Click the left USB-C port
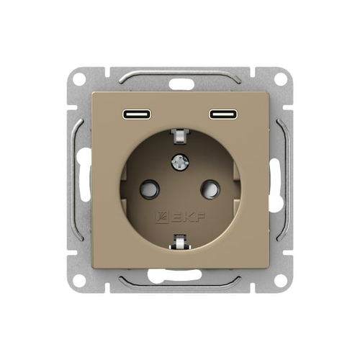137,114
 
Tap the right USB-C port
223,114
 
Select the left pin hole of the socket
149,189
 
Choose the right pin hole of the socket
210,189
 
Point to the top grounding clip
180,137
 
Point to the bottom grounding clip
180,242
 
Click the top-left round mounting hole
79,78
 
